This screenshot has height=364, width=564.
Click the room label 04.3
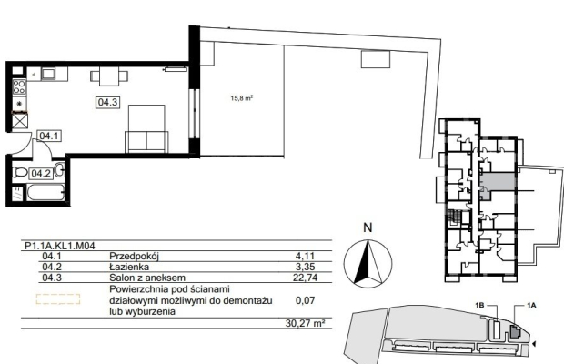pos(108,102)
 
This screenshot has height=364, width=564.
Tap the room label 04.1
pos(49,136)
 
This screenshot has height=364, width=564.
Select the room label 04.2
pos(41,174)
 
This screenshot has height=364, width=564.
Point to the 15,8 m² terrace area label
pos(242,97)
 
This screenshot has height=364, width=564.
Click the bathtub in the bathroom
pos(45,193)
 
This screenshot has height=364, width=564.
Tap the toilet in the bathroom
pos(19,173)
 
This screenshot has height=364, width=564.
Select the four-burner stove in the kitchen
pos(19,87)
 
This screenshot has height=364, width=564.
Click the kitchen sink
pos(48,74)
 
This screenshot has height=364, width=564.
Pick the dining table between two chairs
pos(109,76)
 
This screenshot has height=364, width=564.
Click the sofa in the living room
pos(146,142)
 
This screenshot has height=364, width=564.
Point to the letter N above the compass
pos(368,227)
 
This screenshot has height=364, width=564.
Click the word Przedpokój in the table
pos(134,256)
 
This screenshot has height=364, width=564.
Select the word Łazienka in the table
pos(129,267)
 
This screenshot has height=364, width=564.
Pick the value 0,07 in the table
pos(305,300)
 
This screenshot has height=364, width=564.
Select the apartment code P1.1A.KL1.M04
pos(60,246)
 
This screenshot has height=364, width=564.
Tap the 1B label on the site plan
pos(480,306)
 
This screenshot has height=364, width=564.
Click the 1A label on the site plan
pos(531,306)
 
